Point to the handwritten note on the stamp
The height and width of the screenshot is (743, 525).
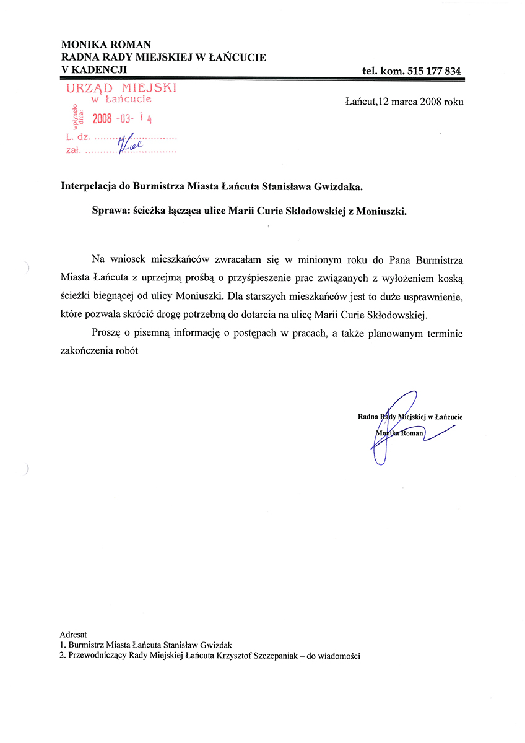click(x=131, y=143)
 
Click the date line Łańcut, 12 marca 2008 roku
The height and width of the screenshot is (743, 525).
click(x=404, y=102)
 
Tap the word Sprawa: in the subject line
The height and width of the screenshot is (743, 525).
click(x=110, y=211)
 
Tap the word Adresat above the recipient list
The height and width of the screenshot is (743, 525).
click(x=74, y=635)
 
